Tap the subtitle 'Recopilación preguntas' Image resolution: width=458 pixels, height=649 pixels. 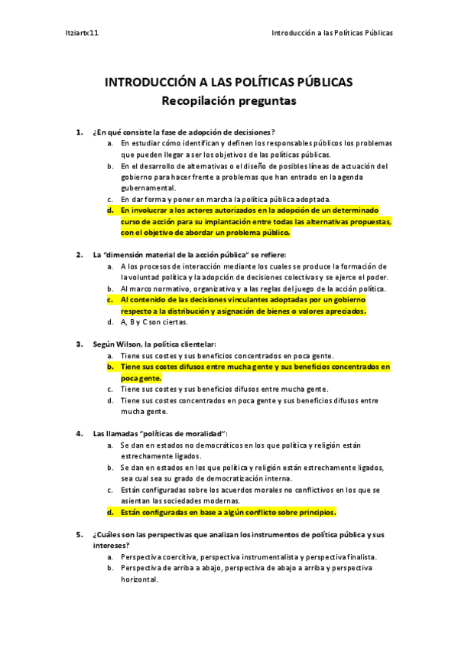[229, 99]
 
